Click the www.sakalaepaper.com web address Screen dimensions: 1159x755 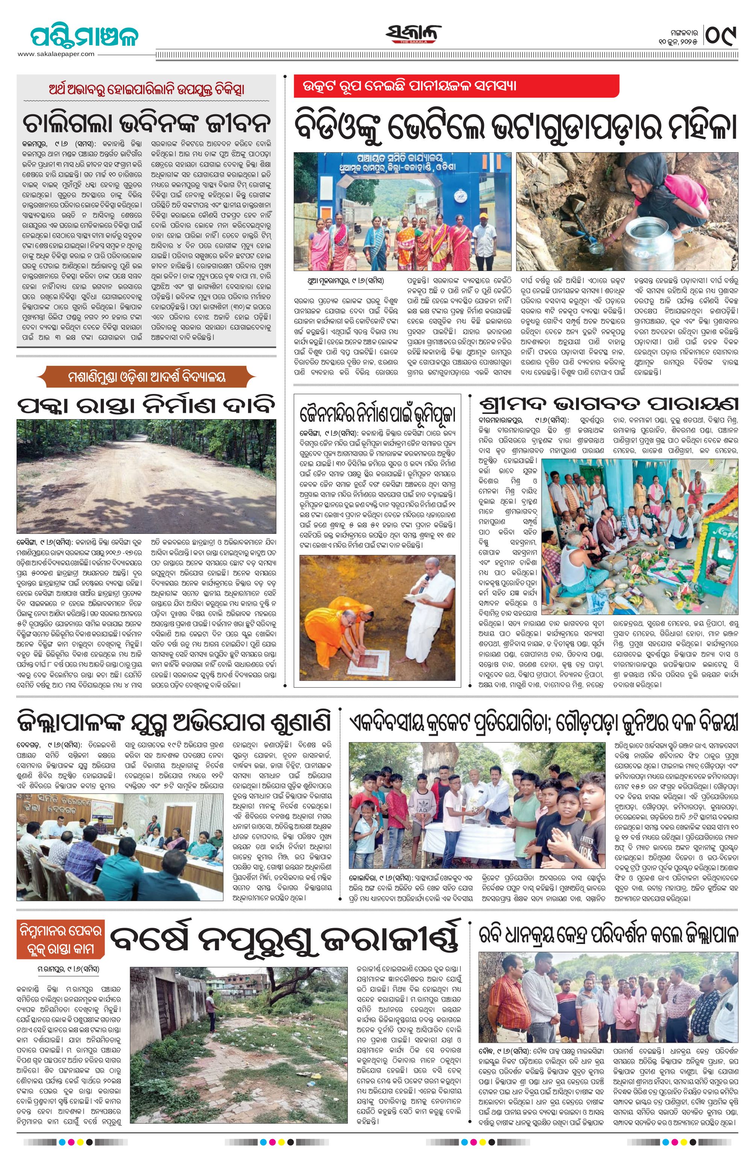coord(56,54)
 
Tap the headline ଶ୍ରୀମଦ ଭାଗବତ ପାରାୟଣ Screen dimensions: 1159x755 coord(608,404)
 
